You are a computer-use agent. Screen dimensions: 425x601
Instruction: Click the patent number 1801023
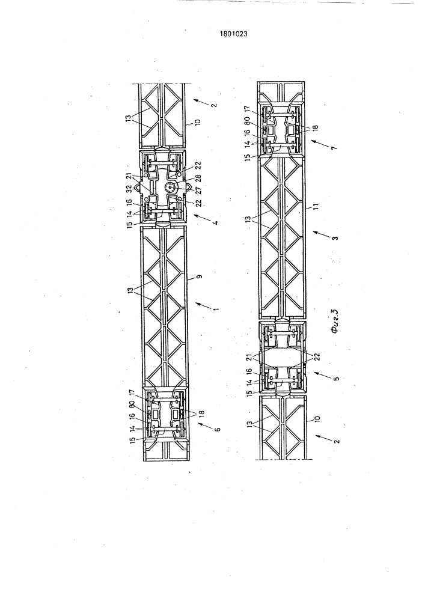(x=233, y=34)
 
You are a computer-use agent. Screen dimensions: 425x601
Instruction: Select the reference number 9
(x=200, y=276)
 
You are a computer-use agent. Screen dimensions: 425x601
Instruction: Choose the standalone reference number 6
(x=217, y=430)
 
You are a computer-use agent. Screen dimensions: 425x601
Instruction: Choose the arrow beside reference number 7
(x=320, y=142)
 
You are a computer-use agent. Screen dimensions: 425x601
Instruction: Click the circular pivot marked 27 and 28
(x=170, y=188)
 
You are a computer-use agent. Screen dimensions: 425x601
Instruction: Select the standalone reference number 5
(x=335, y=377)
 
